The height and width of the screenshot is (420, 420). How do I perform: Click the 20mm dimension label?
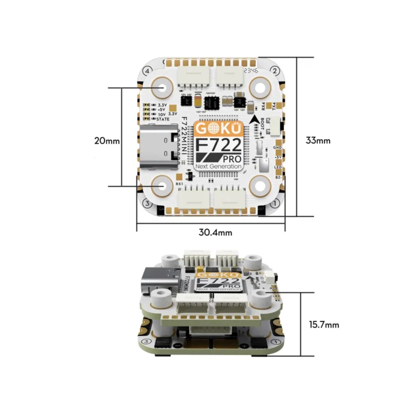pos(108,141)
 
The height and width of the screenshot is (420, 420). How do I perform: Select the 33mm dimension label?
pos(318,141)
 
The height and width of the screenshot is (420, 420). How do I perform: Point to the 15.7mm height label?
pos(324,325)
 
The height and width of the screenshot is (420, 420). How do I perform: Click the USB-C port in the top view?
pos(159,148)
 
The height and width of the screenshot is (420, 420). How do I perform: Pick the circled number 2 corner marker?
pos(274,71)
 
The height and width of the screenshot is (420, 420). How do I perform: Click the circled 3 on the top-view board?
pos(147,203)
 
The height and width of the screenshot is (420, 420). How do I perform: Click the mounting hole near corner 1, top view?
pos(260,185)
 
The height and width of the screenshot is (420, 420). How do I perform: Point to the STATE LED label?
pos(161,119)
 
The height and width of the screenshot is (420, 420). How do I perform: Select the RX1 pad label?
pos(179,182)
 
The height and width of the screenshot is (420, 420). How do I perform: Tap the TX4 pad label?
pos(273,105)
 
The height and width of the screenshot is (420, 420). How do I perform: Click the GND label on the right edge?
pos(277,147)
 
